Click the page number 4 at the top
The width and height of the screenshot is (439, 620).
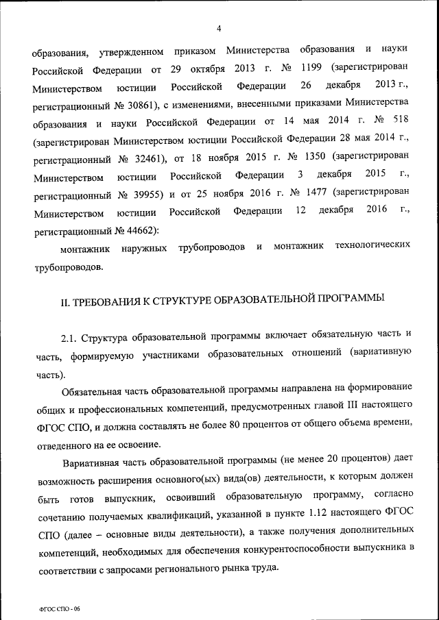tap(219, 28)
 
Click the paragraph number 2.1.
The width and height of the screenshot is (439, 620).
tap(68, 338)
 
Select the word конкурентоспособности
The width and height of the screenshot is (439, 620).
tap(292, 549)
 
